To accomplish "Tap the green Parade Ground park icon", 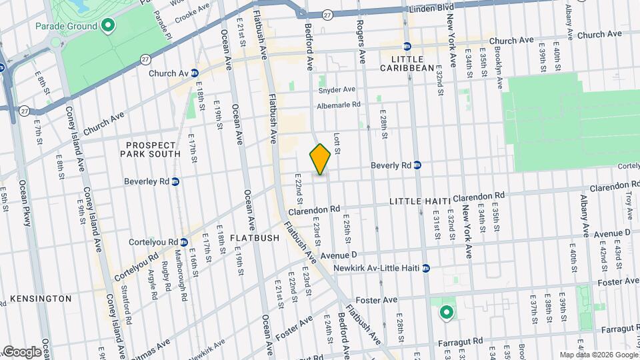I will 107,27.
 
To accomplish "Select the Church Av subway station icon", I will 195,73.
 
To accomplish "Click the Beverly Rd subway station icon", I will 417,165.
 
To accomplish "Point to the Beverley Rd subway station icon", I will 175,181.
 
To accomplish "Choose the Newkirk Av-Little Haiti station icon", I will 425,269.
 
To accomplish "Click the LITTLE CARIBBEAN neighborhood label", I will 407,68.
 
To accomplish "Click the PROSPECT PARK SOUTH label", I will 150,149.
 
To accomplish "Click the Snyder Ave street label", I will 337,90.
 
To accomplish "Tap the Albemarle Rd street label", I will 338,105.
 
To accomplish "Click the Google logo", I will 21,352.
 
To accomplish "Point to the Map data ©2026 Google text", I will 598,355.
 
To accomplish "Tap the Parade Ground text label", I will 66,27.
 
